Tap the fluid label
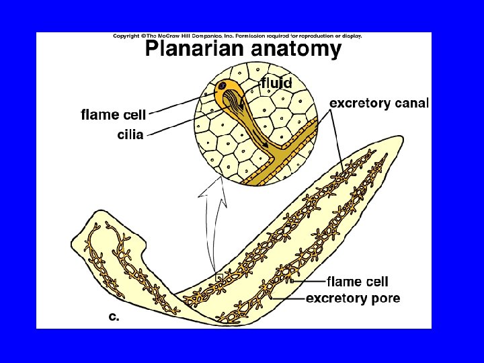[276, 83]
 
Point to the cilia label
[130, 134]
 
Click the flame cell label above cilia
[113, 115]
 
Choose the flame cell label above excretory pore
[357, 282]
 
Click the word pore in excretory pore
[385, 298]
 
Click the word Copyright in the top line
[126, 36]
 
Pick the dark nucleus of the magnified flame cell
[221, 87]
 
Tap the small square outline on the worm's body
[218, 276]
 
